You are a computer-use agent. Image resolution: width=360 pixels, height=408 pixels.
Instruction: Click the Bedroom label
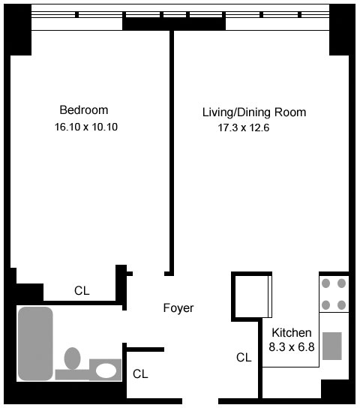click(x=84, y=110)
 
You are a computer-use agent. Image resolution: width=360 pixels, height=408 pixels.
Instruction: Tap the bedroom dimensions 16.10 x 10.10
click(x=86, y=127)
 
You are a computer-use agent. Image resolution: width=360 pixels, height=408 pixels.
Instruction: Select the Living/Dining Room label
click(x=254, y=112)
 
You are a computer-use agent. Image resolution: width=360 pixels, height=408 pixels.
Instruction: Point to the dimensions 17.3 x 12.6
click(x=244, y=127)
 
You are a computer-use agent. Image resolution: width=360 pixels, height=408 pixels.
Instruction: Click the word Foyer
click(x=178, y=308)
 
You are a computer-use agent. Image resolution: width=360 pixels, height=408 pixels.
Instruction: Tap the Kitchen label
click(x=292, y=333)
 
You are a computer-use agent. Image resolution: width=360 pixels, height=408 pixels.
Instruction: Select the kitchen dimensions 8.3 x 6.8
click(x=292, y=347)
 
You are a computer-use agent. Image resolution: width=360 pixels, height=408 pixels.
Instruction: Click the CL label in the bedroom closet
click(x=82, y=291)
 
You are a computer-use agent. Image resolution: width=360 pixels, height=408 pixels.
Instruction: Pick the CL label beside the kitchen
click(x=244, y=358)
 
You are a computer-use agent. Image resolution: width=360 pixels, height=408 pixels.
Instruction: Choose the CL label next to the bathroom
click(x=140, y=374)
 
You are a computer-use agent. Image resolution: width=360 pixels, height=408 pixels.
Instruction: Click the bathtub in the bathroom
click(x=35, y=343)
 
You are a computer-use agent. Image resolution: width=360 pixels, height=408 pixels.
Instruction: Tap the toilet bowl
click(x=72, y=358)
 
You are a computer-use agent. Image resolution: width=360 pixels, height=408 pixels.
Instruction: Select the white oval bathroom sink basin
click(x=106, y=370)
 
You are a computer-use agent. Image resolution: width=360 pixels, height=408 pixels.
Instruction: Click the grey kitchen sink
click(x=332, y=346)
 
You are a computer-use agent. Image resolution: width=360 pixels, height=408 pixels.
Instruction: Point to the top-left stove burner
click(x=326, y=283)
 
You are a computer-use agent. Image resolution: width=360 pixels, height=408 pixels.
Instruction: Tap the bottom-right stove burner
click(x=341, y=304)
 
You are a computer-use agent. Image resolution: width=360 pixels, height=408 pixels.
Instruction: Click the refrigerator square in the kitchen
click(x=252, y=297)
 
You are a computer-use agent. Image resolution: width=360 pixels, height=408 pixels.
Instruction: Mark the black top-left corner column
click(x=18, y=30)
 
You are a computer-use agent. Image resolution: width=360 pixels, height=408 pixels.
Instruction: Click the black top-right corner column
click(x=342, y=30)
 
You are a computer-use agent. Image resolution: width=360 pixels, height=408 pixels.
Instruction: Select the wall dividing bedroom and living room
click(x=172, y=152)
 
